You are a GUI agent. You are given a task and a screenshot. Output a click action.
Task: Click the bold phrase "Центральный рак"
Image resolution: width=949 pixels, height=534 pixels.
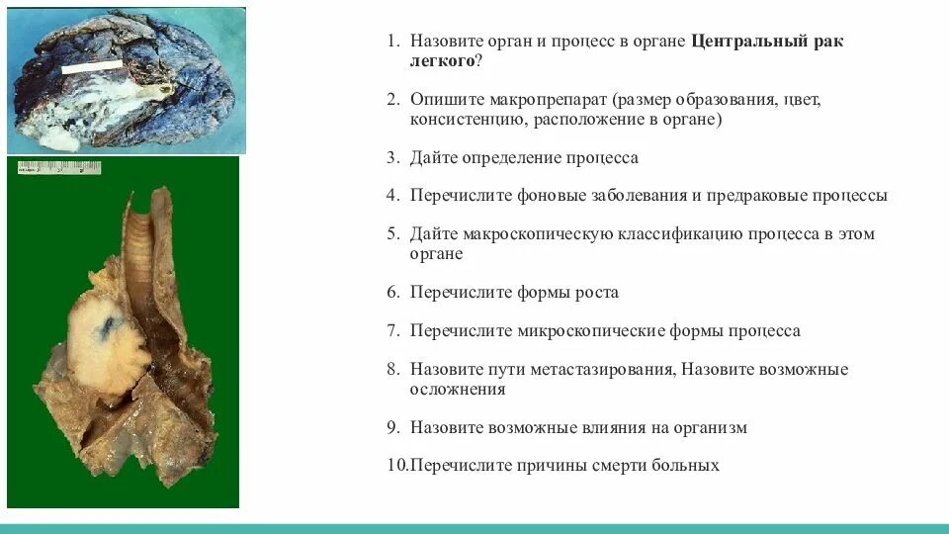pyautogui.click(x=767, y=43)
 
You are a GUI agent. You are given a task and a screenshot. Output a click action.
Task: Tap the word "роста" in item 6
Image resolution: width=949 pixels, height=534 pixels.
pyautogui.click(x=597, y=292)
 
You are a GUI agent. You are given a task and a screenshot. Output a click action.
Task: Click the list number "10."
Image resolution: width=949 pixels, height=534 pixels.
pyautogui.click(x=395, y=465)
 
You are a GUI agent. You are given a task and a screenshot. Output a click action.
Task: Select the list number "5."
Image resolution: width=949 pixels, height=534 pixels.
pyautogui.click(x=392, y=234)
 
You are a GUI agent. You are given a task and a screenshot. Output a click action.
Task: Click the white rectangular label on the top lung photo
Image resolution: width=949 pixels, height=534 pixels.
pyautogui.click(x=92, y=67)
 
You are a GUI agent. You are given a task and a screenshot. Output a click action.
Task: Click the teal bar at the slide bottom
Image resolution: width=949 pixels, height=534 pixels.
pyautogui.click(x=474, y=529)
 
